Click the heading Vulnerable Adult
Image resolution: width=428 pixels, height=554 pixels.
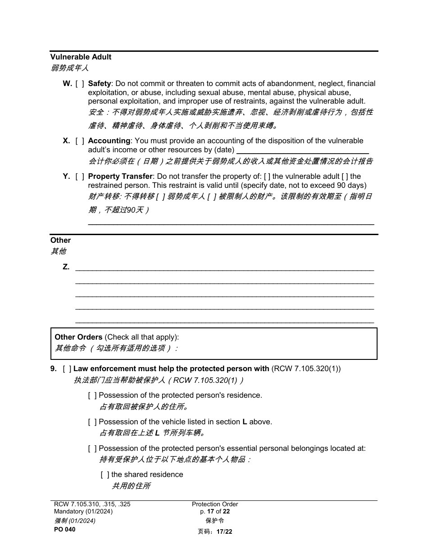click(81, 57)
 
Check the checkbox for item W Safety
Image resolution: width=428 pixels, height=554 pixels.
click(80, 84)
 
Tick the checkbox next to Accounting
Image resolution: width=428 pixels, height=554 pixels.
click(80, 141)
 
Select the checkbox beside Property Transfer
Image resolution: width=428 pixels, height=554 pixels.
click(80, 177)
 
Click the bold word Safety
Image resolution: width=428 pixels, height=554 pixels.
click(99, 84)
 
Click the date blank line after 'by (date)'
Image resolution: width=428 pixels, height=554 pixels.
click(303, 150)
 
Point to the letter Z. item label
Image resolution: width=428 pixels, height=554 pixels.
click(66, 267)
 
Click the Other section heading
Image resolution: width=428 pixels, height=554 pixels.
click(60, 241)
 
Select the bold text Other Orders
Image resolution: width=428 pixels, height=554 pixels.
click(78, 337)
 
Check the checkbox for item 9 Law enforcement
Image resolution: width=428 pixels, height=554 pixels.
click(67, 369)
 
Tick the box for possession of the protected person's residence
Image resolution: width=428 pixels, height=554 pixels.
click(92, 395)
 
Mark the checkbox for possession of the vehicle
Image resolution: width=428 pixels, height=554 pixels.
click(92, 422)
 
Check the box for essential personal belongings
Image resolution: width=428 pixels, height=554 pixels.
click(92, 449)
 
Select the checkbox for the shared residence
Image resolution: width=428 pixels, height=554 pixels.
click(105, 475)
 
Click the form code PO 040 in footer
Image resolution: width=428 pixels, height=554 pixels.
click(65, 530)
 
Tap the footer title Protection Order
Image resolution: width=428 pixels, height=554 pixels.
click(215, 504)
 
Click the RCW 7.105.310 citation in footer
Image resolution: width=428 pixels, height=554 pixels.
click(92, 504)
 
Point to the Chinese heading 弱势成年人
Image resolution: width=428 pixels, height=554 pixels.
click(70, 68)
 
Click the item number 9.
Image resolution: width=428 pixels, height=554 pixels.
click(54, 369)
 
